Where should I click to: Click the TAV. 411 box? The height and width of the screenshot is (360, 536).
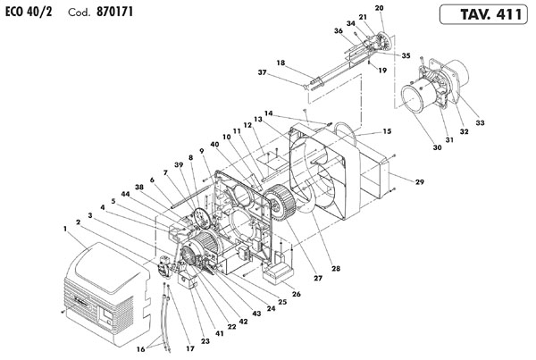483,14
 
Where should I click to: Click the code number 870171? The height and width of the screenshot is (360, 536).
114,12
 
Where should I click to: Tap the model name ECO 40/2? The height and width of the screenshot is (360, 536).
29,12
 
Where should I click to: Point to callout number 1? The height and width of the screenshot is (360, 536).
65,229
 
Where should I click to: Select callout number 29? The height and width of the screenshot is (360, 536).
420,182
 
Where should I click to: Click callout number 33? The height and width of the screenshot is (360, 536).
480,122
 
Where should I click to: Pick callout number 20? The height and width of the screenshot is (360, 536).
379,8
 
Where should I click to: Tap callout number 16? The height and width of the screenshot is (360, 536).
141,349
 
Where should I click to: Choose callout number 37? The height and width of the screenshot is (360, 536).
262,72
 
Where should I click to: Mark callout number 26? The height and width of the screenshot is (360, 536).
296,294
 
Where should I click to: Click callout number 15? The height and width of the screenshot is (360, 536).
387,131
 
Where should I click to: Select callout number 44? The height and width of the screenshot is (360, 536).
125,194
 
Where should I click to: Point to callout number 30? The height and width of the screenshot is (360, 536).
437,147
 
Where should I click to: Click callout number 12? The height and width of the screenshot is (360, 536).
247,125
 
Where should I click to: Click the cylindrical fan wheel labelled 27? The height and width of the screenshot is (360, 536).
280,202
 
